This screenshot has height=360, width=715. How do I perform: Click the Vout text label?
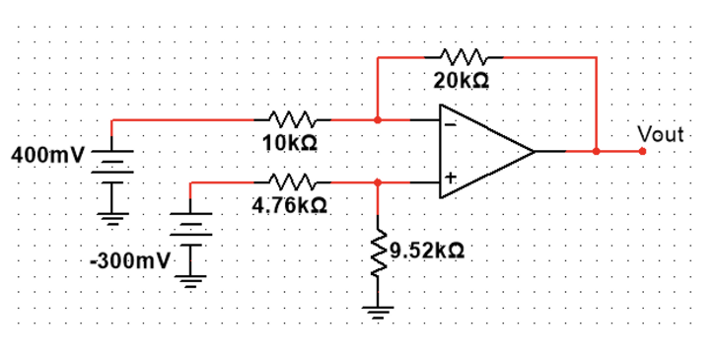point(660,132)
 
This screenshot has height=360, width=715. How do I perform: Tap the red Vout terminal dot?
point(642,152)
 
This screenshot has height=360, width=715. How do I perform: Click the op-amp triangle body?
point(483,152)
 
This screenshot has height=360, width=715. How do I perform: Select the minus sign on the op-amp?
point(450,125)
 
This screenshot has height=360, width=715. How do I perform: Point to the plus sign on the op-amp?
point(450,179)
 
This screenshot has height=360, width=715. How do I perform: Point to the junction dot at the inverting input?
point(379,120)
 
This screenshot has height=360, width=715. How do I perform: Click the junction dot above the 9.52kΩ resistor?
point(378,182)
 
